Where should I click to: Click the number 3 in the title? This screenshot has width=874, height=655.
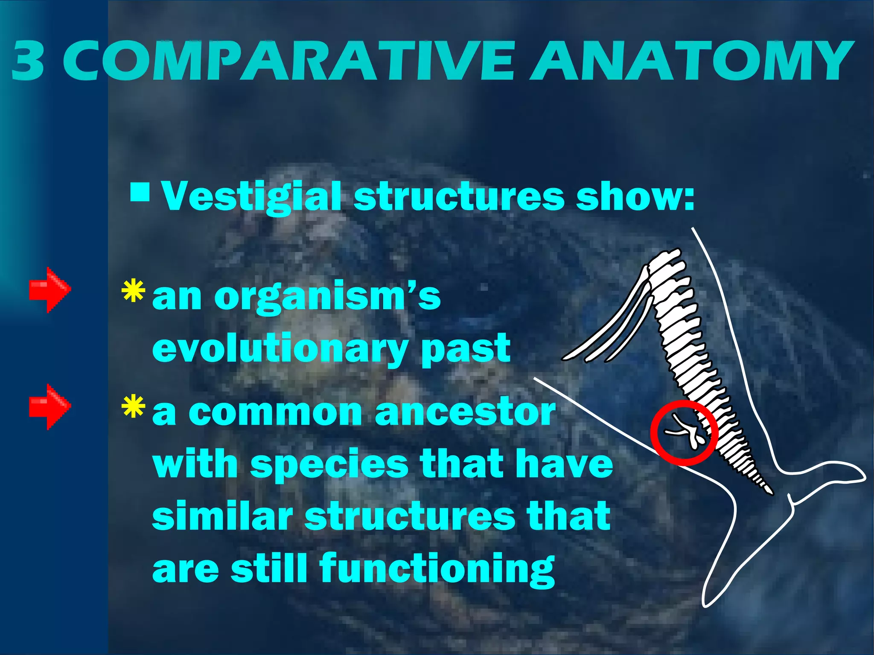pyautogui.click(x=28, y=61)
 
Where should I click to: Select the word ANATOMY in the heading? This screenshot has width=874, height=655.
pyautogui.click(x=691, y=61)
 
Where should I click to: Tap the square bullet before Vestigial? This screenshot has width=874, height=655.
pyautogui.click(x=140, y=193)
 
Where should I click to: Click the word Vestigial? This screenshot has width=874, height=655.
pyautogui.click(x=252, y=197)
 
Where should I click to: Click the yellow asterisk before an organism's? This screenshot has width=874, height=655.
pyautogui.click(x=133, y=291)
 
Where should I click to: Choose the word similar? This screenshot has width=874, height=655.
pyautogui.click(x=222, y=517)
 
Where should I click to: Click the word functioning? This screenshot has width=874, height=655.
pyautogui.click(x=437, y=569)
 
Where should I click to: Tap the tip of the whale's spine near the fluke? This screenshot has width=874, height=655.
pyautogui.click(x=770, y=492)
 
